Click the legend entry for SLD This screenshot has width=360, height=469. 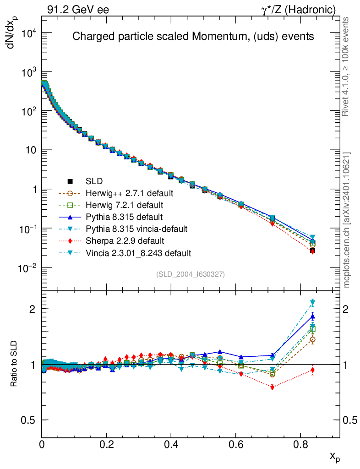tap(94, 181)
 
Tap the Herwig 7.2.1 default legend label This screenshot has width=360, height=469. tap(124, 205)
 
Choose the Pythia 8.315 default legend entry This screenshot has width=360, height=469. tap(124, 217)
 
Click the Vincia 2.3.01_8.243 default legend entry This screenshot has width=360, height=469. tap(138, 253)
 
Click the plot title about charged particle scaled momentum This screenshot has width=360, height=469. tap(193, 37)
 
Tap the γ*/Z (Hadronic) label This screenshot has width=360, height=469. tap(299, 10)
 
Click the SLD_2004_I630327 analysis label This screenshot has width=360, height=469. tap(190, 274)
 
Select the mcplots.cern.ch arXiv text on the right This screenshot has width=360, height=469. tap(347, 220)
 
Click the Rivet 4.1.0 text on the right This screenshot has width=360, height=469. tap(347, 66)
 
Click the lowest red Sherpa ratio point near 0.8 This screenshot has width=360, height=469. tap(273, 387)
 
